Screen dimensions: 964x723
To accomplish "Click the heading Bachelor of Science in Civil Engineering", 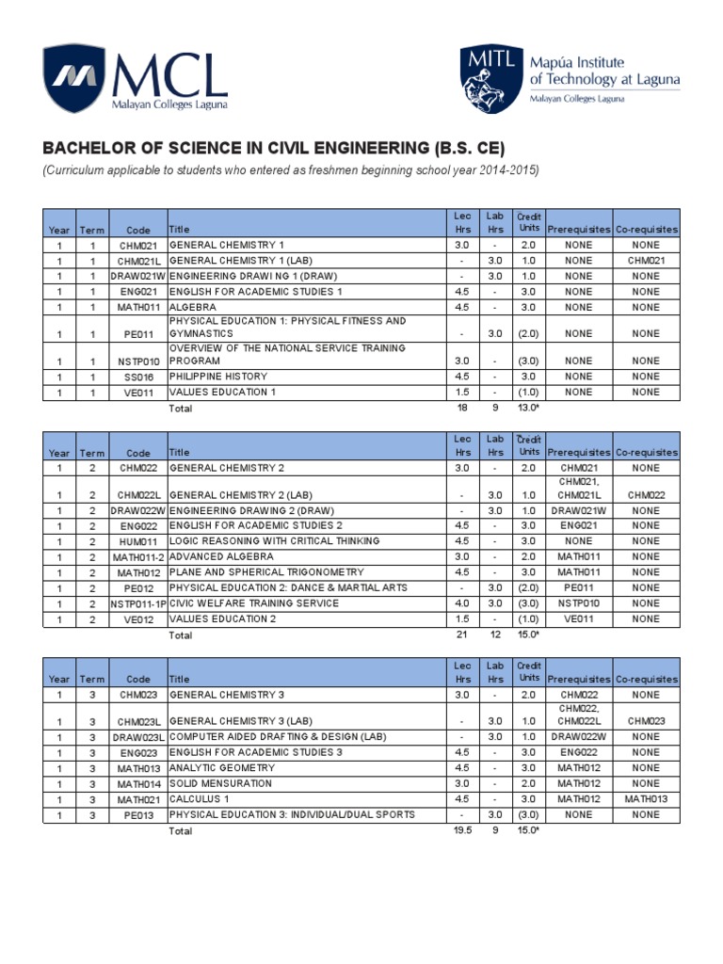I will click(274, 149).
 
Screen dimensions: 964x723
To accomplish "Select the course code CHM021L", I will click(137, 261).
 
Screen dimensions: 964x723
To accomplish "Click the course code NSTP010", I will click(137, 361).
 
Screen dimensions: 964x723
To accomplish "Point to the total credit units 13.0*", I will click(529, 408).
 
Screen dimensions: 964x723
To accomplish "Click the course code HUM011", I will click(137, 541).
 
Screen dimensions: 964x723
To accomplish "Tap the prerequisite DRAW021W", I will click(579, 510).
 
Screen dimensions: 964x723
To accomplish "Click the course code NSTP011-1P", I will click(137, 603).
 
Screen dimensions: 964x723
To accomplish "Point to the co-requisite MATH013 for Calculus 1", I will click(646, 799).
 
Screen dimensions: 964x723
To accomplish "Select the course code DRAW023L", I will click(137, 737).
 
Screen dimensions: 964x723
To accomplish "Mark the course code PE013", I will click(137, 815).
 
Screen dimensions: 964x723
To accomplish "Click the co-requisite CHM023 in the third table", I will click(646, 721).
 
